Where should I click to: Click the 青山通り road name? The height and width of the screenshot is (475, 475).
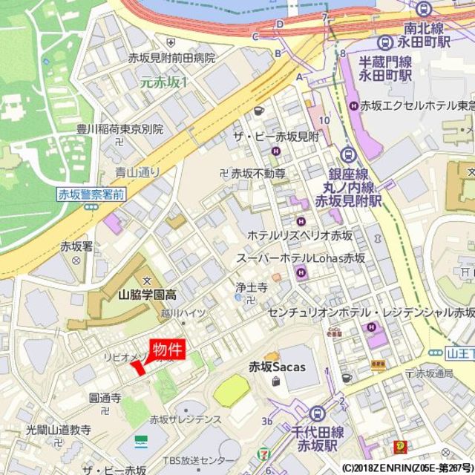click(x=137, y=172)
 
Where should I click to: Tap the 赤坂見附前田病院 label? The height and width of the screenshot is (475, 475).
click(x=171, y=57)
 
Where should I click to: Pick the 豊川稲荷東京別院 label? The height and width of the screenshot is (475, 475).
click(x=119, y=129)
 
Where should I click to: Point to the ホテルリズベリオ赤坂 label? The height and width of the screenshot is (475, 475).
click(x=300, y=235)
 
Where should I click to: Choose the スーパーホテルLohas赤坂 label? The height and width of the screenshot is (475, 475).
click(x=301, y=258)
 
